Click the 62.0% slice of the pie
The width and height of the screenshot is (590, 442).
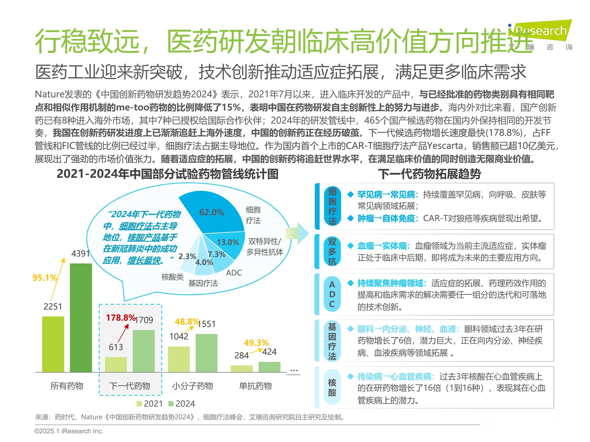pos(213,213)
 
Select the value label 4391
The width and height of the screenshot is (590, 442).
pos(80,253)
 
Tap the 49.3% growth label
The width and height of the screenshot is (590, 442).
pos(256,343)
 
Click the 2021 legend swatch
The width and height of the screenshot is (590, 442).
pos(139,404)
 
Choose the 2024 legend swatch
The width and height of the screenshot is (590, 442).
pos(171,404)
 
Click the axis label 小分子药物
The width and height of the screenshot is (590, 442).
pos(192,386)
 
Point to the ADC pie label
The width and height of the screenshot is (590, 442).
pos(234,273)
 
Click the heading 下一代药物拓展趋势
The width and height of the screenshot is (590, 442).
pos(429,174)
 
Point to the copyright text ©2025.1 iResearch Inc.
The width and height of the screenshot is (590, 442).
pos(69,431)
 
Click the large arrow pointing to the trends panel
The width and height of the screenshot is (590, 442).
pos(297,233)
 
